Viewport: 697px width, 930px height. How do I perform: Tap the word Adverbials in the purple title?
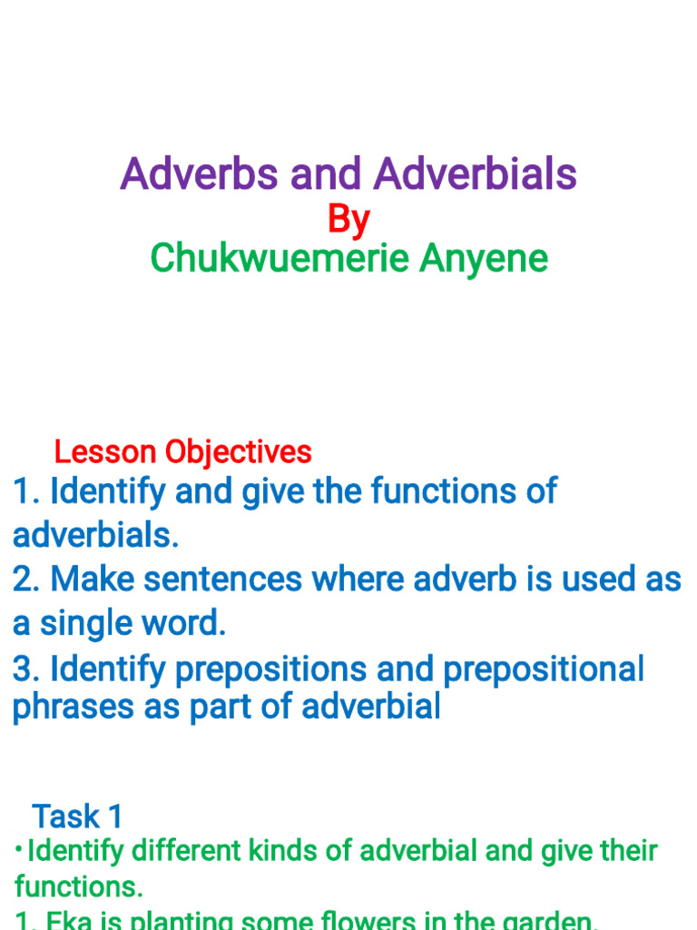pos(476,173)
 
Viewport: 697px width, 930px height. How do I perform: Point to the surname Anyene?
pos(484,258)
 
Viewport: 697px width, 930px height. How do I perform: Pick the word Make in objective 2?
pos(92,579)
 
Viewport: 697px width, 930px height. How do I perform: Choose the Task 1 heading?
pos(77,816)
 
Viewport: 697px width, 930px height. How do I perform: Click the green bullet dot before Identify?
pos(19,849)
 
